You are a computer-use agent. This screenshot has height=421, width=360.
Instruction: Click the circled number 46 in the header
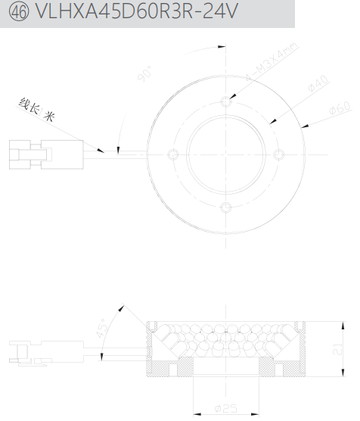pyautogui.click(x=18, y=12)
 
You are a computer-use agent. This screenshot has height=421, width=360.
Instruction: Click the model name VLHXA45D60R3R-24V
pyautogui.click(x=137, y=11)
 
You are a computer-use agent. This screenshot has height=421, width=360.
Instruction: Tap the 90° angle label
pyautogui.click(x=145, y=73)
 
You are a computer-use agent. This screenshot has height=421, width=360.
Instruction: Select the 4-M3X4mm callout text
pyautogui.click(x=272, y=61)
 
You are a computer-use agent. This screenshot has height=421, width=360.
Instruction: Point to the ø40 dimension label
pyautogui.click(x=318, y=83)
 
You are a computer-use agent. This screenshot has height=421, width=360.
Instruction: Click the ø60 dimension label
pyautogui.click(x=340, y=108)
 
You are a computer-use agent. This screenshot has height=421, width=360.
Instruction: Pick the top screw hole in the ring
pyautogui.click(x=226, y=101)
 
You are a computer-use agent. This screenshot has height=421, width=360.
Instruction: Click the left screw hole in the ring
pyautogui.click(x=173, y=154)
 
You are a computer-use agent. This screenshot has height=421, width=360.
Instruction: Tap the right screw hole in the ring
pyautogui.click(x=278, y=154)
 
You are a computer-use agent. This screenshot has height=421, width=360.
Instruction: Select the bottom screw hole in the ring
pyautogui.click(x=226, y=207)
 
